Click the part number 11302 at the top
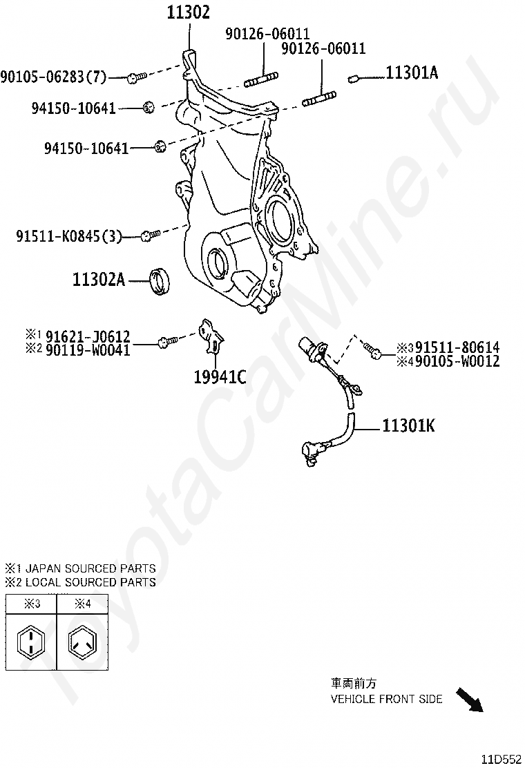click(x=188, y=12)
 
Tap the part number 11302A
click(x=99, y=280)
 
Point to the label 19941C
click(x=220, y=376)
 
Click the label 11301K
click(x=408, y=425)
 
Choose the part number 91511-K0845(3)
click(x=69, y=237)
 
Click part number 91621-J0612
click(x=88, y=337)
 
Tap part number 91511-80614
click(x=457, y=348)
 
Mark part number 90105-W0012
click(x=457, y=361)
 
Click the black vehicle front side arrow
click(x=470, y=699)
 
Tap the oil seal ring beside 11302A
click(x=162, y=280)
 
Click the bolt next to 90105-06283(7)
click(x=135, y=77)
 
